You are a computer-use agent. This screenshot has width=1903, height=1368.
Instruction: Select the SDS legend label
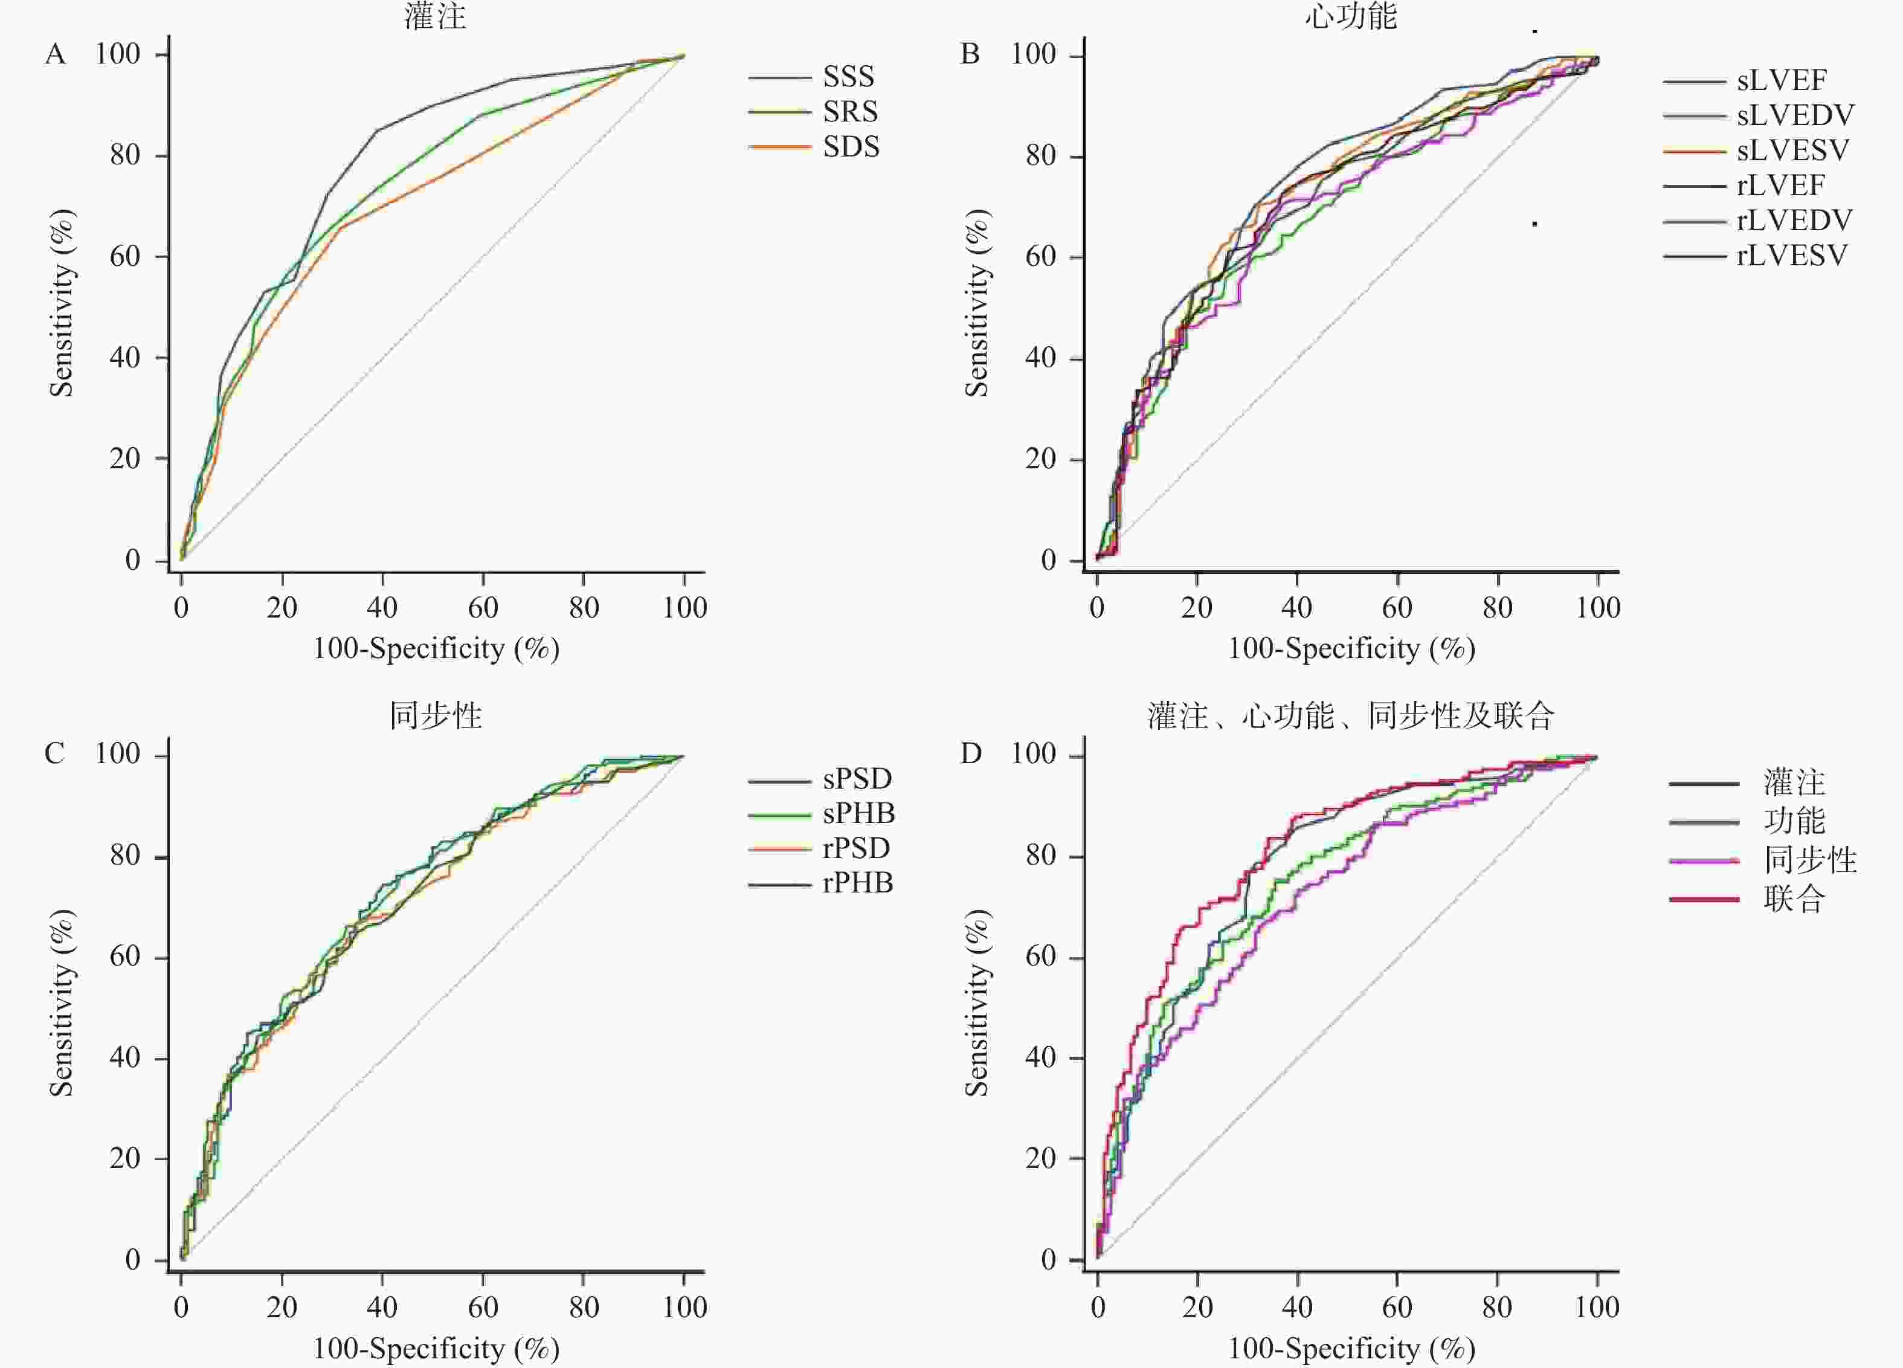point(850,147)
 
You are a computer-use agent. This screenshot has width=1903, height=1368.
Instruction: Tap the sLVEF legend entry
point(1780,80)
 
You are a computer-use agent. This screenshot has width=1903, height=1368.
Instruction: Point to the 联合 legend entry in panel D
point(1794,899)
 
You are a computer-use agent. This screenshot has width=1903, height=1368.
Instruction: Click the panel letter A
point(56,54)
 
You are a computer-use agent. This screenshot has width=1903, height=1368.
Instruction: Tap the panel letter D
point(971,753)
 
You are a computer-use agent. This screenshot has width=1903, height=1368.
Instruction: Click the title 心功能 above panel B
point(1350,15)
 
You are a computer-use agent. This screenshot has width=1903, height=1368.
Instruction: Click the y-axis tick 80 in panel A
point(125,155)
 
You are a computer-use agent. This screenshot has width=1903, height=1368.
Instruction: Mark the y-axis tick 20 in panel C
point(125,1159)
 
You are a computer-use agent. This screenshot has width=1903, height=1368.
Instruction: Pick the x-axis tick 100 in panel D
point(1597,1307)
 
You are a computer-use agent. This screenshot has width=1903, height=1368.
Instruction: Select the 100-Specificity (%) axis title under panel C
point(436,1349)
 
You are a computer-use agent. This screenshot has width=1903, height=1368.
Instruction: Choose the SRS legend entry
point(849,112)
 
